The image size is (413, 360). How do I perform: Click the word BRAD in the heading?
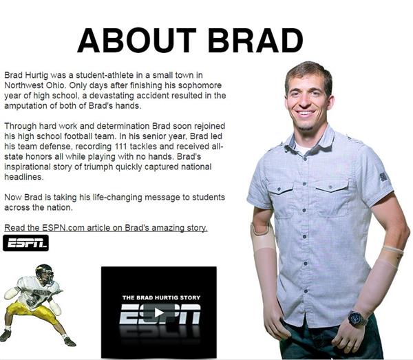[255, 41]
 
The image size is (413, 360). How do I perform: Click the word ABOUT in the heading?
[137, 41]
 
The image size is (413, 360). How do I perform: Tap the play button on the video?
[159, 313]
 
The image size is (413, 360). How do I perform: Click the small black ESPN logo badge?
[26, 243]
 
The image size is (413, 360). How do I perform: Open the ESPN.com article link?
[106, 228]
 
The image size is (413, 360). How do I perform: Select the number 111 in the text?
[121, 146]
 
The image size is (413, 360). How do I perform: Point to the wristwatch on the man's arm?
[357, 318]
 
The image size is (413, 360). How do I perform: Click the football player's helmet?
[44, 274]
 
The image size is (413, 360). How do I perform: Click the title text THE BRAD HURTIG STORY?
[161, 297]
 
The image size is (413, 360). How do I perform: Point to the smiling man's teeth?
[306, 114]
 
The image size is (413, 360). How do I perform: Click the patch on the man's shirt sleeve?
[383, 176]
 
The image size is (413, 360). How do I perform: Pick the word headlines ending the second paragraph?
[23, 177]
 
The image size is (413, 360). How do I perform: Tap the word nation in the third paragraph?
[59, 207]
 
